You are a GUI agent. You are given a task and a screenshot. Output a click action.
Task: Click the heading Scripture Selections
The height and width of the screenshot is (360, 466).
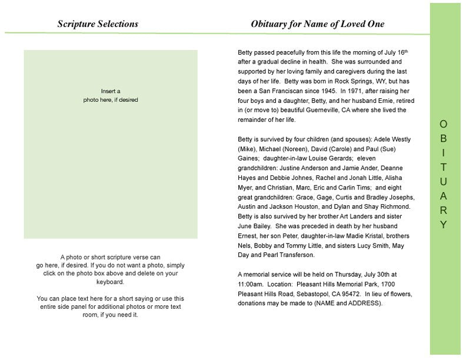click(x=98, y=24)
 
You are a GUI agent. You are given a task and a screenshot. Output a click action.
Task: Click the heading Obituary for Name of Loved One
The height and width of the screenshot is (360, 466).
click(x=317, y=24)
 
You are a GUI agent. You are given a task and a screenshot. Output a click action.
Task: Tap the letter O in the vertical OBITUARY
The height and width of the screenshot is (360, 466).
click(x=444, y=124)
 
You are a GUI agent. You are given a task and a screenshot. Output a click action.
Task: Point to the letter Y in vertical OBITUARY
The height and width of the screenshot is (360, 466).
click(x=444, y=225)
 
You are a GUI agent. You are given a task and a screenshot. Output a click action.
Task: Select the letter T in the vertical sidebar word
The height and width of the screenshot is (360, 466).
click(x=444, y=167)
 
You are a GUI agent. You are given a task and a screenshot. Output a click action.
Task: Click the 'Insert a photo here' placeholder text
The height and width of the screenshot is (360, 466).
click(x=111, y=95)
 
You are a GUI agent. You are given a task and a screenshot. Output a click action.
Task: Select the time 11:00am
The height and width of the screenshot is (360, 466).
click(x=250, y=284)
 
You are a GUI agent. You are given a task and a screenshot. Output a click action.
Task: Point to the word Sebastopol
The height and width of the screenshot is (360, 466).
click(x=309, y=294)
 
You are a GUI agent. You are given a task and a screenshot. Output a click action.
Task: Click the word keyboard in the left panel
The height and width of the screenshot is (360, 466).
click(x=110, y=282)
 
